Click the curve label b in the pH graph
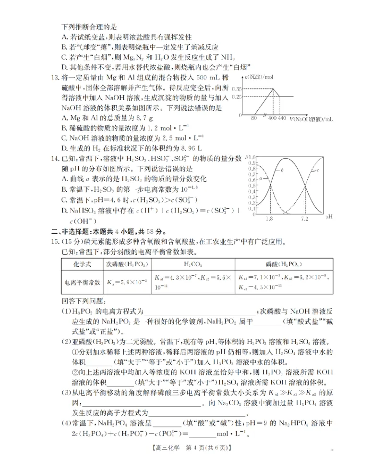(x=282, y=170)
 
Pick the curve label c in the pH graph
(x=319, y=171)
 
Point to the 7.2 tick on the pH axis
(x=304, y=219)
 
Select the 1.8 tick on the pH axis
(x=268, y=219)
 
